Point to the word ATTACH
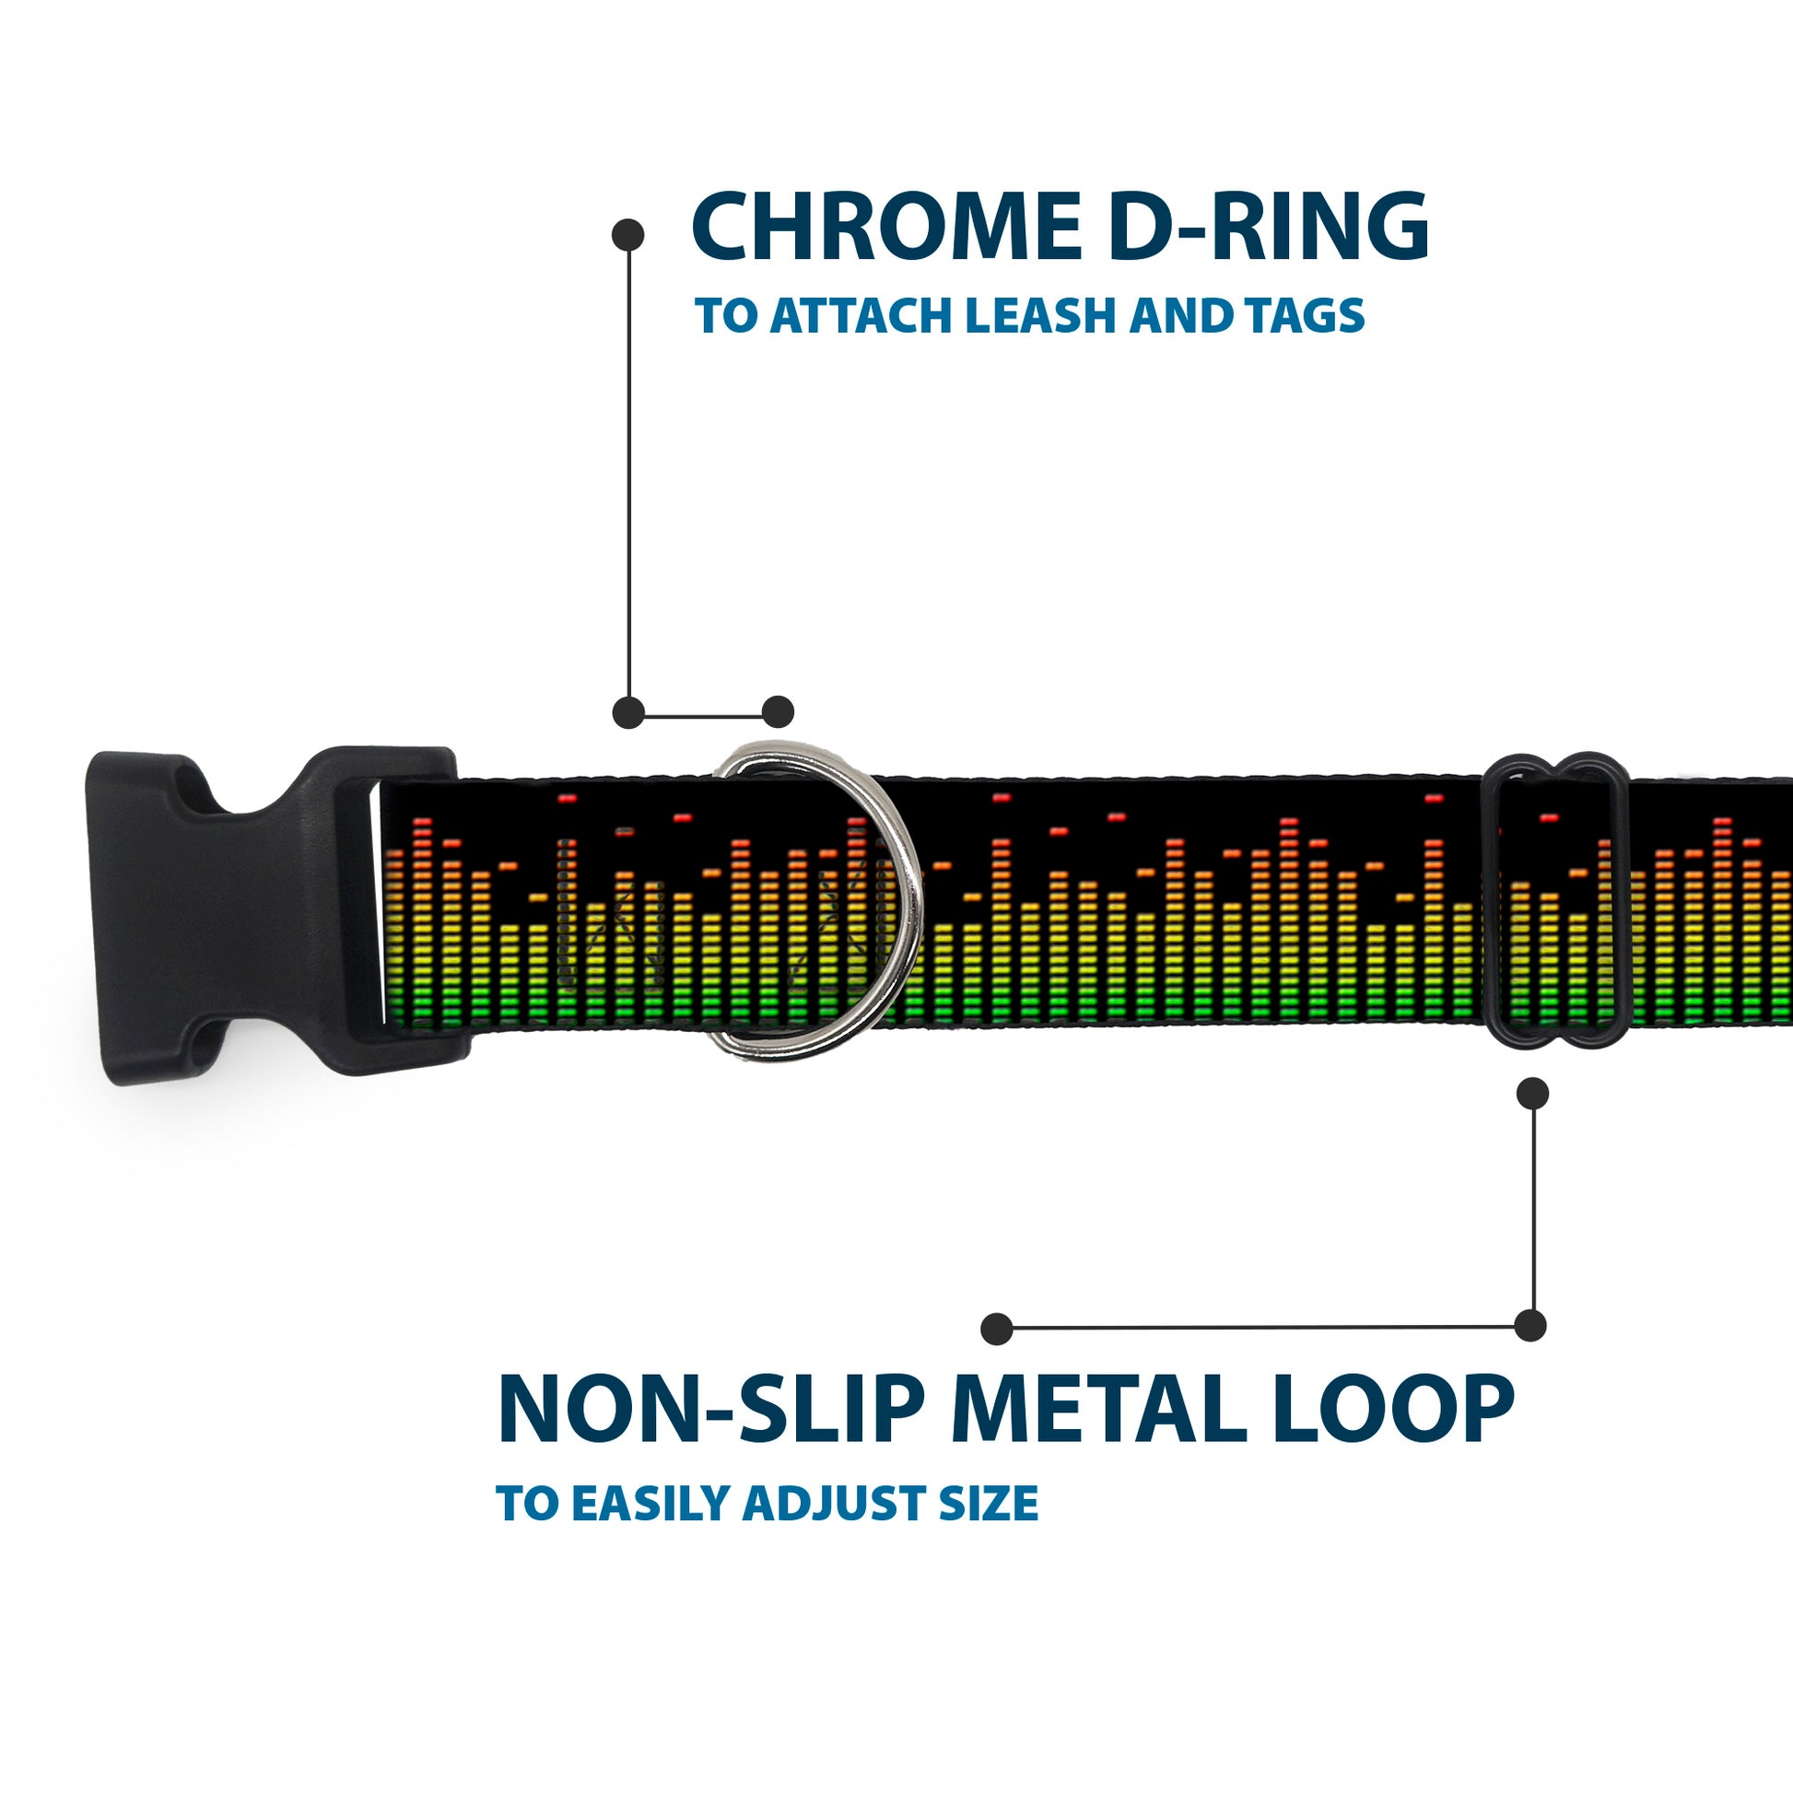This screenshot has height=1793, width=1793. pyautogui.click(x=862, y=315)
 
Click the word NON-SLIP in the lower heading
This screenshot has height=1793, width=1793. pyautogui.click(x=710, y=1410)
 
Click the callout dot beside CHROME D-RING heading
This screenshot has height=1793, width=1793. pyautogui.click(x=628, y=235)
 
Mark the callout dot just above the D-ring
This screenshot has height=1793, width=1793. pyautogui.click(x=778, y=712)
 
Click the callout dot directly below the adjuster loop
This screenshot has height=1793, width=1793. pyautogui.click(x=1532, y=1094)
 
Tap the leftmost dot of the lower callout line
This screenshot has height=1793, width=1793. pyautogui.click(x=997, y=1329)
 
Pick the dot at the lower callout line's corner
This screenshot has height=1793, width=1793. pyautogui.click(x=1530, y=1325)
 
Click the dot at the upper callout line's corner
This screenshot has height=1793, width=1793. pyautogui.click(x=629, y=713)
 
